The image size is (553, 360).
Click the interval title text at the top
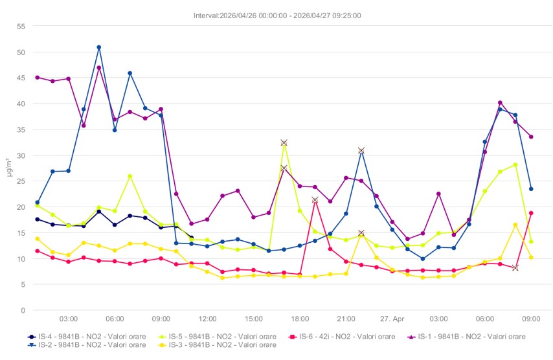tap(277, 16)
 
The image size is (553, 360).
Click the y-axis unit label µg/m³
tap(8, 168)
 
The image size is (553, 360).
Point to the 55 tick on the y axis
tap(21, 27)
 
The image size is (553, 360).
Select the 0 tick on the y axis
tap(23, 311)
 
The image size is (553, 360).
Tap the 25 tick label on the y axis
tap(21, 181)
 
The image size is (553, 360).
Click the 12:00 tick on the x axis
tap(207, 319)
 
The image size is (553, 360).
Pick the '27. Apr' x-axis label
tap(392, 319)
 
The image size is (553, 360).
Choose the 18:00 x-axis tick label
tap(300, 319)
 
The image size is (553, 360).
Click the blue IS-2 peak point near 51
tap(99, 47)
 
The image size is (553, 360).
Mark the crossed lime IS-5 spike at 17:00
tap(284, 142)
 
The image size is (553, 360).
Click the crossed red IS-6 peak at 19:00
tap(315, 200)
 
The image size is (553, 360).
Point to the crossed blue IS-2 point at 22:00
tap(361, 150)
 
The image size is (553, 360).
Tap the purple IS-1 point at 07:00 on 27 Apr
tap(500, 103)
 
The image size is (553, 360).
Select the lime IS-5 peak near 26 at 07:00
tap(130, 176)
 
